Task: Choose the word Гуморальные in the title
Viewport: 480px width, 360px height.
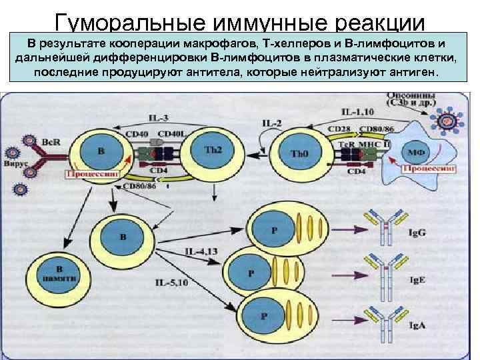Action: click(123, 22)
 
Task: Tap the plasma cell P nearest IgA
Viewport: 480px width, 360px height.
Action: click(265, 317)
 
